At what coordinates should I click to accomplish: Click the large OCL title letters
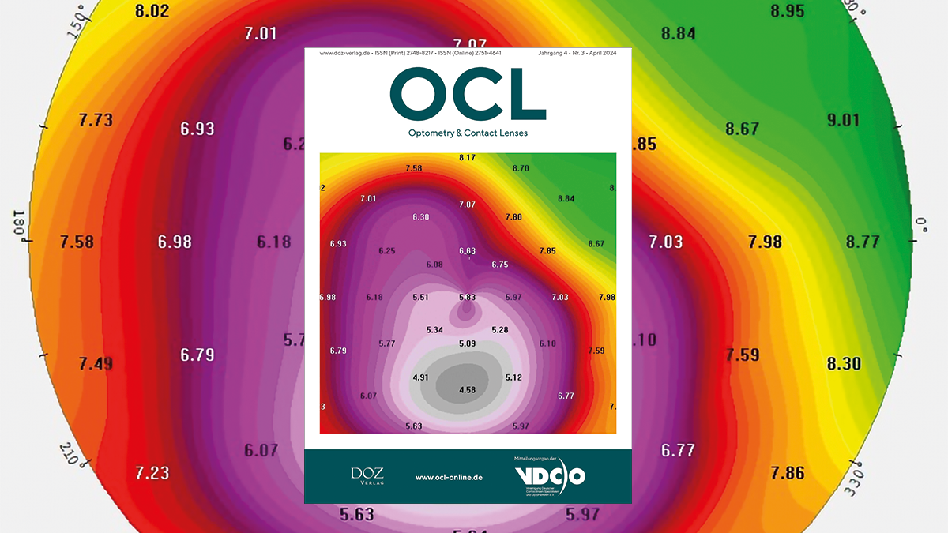(467, 93)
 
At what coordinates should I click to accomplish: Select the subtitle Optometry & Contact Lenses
(467, 133)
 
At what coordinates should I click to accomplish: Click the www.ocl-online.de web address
(449, 478)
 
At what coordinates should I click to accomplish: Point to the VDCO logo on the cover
(550, 476)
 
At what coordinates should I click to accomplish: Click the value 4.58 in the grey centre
(467, 390)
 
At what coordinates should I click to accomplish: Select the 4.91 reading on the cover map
(420, 377)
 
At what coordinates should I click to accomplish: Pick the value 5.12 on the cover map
(513, 377)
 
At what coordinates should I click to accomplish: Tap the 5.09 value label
(467, 343)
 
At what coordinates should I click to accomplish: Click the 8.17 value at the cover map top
(467, 158)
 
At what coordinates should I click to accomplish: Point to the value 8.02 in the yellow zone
(152, 11)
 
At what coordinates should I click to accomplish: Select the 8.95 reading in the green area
(787, 11)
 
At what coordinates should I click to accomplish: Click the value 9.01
(843, 120)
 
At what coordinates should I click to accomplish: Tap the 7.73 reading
(96, 120)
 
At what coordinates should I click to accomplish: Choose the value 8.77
(863, 242)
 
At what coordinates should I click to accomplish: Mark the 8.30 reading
(844, 364)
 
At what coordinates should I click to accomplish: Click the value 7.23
(152, 473)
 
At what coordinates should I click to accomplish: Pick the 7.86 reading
(788, 473)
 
